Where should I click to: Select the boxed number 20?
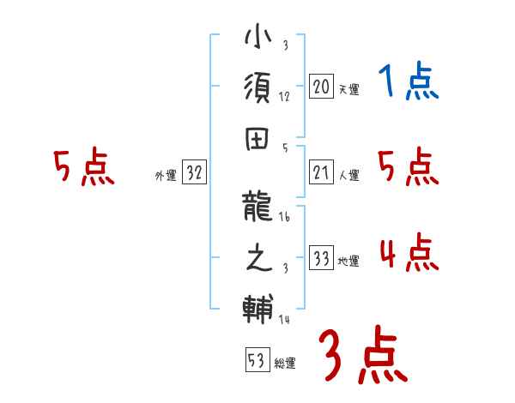pyautogui.click(x=321, y=87)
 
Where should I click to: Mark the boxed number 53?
pyautogui.click(x=257, y=361)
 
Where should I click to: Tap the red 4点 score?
pyautogui.click(x=409, y=255)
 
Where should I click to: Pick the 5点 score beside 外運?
pyautogui.click(x=83, y=168)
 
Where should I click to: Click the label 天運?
pyautogui.click(x=348, y=89)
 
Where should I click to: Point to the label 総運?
pyautogui.click(x=285, y=364)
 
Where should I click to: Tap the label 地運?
pyautogui.click(x=348, y=261)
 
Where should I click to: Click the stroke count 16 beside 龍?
pyautogui.click(x=285, y=220)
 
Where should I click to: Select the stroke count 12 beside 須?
pyautogui.click(x=284, y=96)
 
